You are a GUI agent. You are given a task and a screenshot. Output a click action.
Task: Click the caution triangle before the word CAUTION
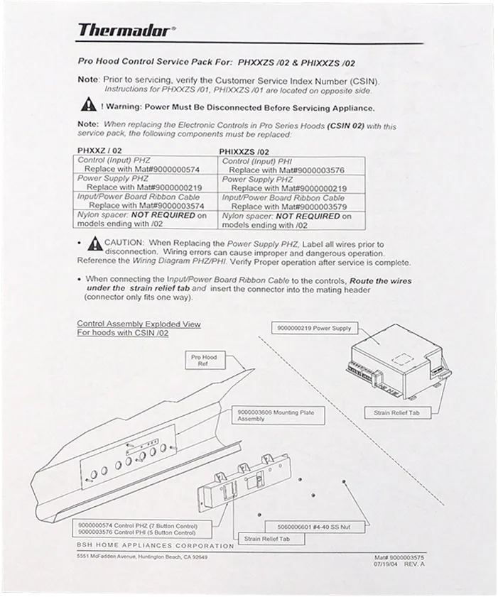tap(94, 244)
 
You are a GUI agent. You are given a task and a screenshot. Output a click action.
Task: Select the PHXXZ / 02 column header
tap(99, 151)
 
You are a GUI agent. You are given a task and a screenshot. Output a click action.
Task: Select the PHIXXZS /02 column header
tap(244, 151)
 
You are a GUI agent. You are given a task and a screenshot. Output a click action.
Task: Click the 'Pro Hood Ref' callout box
tap(204, 361)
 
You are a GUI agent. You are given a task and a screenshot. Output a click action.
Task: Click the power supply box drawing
tap(394, 358)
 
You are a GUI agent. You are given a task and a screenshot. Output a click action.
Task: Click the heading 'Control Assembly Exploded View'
tap(139, 324)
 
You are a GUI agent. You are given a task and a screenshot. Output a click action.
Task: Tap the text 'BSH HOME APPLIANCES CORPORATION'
tap(156, 546)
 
